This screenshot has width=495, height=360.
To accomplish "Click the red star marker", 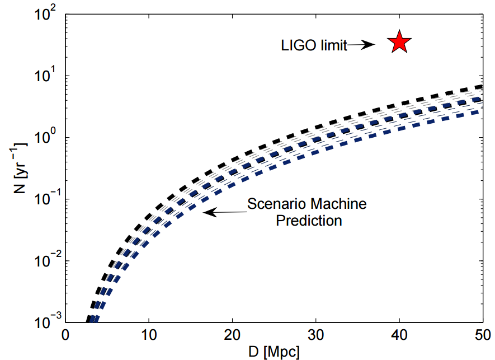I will coord(399,42).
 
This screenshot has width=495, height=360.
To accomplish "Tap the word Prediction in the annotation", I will coord(308,221).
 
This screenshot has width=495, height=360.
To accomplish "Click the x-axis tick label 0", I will coord(65,336).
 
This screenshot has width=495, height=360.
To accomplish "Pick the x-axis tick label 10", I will coord(148,336).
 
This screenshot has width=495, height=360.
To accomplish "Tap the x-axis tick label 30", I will coord(315,336).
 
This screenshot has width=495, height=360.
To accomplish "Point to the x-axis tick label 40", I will coord(399,336).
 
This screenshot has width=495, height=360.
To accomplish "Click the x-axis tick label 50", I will coord(482,336).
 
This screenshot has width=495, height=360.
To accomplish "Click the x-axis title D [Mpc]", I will coord(274,352).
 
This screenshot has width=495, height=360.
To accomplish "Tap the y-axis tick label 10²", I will coord(47,15).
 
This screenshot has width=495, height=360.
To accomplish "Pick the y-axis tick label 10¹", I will coord(47,76).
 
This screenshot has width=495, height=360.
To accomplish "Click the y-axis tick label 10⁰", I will coord(47,138).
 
